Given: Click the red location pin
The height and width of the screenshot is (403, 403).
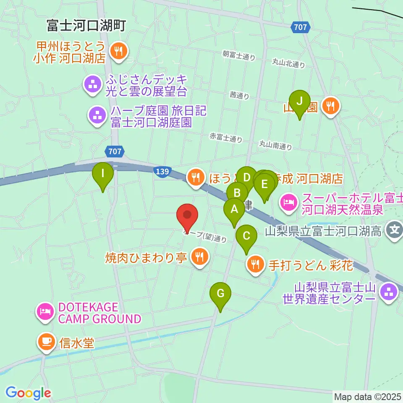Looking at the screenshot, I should click(188, 217).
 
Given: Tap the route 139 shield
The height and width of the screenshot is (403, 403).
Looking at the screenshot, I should click(162, 172).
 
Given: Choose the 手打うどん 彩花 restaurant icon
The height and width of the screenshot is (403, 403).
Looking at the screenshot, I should click(255, 264).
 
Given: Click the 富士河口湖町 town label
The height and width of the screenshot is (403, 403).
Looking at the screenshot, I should click(86, 26).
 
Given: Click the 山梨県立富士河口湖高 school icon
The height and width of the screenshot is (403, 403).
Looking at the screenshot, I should click(394, 230).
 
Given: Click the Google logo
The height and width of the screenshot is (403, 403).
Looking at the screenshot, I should click(28, 393).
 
